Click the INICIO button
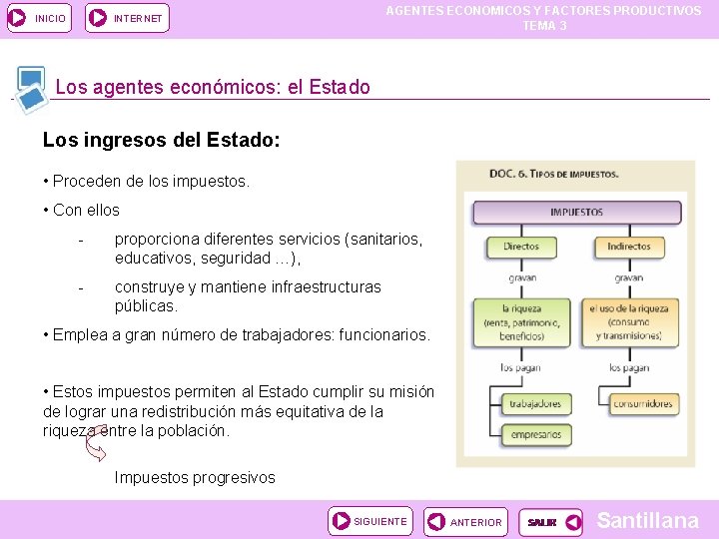coord(39,17)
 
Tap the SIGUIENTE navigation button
coord(369,521)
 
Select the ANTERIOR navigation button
coord(464,521)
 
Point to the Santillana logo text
coord(647,520)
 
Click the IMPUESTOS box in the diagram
coord(576,213)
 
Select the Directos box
coord(521,247)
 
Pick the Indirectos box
coord(629,247)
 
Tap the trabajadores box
coord(535,404)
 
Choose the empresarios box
coord(535,435)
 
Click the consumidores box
coord(642,404)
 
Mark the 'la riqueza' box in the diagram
coord(521,321)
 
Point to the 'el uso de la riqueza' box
coord(629,321)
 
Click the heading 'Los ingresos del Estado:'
coord(161,142)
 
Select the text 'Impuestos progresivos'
coord(195,477)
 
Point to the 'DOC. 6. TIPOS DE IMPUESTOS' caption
coord(553,174)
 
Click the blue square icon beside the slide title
coord(31,86)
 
